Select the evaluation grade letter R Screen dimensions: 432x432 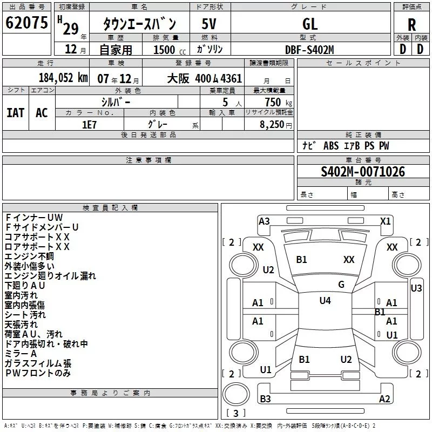coord(411,24)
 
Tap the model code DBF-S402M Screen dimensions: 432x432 coord(309,49)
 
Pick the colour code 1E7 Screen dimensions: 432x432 coord(89,124)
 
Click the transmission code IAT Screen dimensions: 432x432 coord(16,113)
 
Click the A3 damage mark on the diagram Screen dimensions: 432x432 coord(264,221)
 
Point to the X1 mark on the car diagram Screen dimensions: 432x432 coord(385,221)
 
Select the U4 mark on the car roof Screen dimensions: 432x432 coord(325,301)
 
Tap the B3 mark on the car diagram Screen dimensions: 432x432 coord(265,399)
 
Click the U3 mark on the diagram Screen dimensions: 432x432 coord(416,288)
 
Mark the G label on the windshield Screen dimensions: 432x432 coord(341,284)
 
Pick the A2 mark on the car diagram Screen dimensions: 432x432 coord(384,399)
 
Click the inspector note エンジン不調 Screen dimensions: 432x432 coord(29,256)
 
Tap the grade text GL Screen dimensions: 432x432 coord(310,24)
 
